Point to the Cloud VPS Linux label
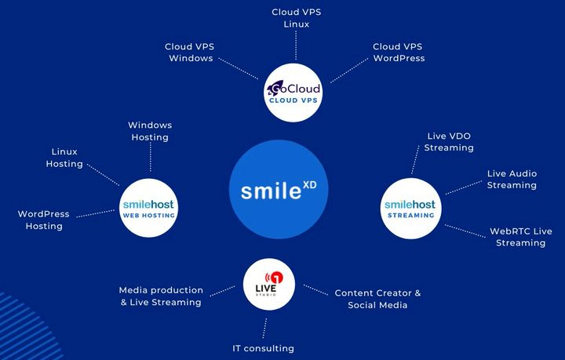[296, 18]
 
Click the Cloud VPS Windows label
[189, 53]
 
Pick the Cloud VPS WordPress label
[399, 53]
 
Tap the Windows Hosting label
[150, 131]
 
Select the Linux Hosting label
[64, 158]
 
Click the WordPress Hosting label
[44, 220]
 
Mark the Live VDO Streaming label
[448, 142]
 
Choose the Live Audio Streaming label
[512, 180]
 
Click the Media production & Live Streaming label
[161, 296]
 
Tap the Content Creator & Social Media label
[377, 299]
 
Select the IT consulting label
[263, 348]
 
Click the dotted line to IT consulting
[265, 328]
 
